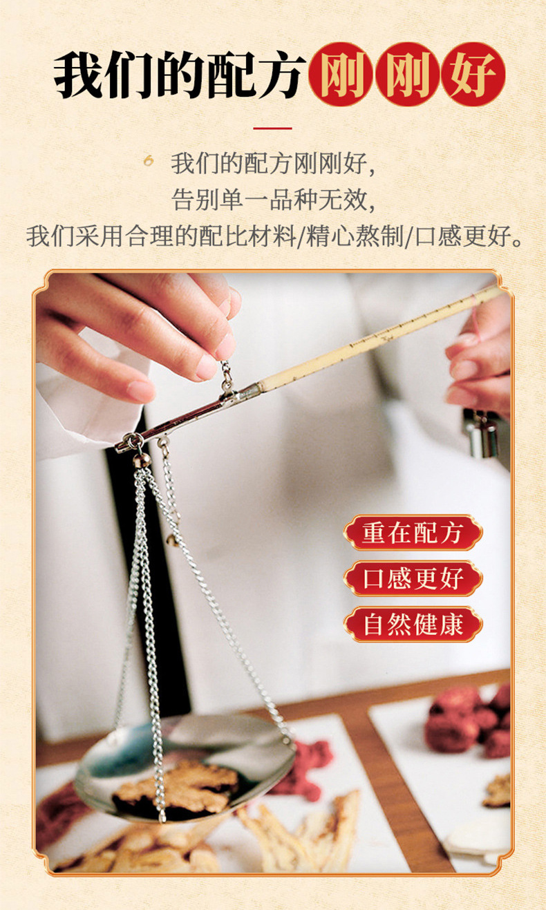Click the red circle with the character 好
(473, 75)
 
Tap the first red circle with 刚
(341, 75)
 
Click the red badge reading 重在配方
(413, 533)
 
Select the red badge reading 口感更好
(413, 578)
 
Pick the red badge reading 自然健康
(413, 625)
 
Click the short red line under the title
(272, 129)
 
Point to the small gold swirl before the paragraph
(149, 161)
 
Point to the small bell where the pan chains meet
(142, 460)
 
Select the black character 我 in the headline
(78, 75)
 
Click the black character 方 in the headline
(281, 75)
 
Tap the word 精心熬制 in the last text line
(355, 236)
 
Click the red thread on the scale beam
(478, 317)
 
